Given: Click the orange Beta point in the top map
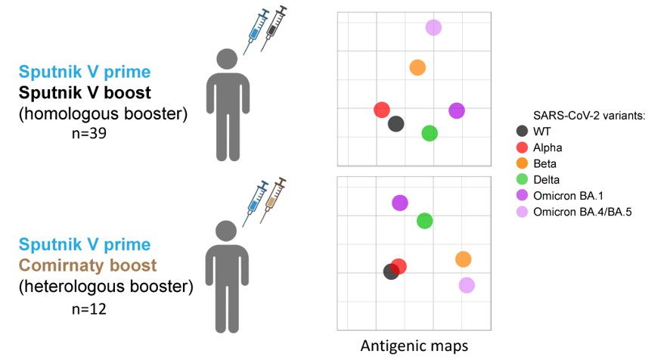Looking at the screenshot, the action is (417, 67).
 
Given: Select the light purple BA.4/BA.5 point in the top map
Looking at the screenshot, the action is (433, 27).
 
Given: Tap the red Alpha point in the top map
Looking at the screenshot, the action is (382, 110).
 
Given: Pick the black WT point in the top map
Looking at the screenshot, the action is (395, 124).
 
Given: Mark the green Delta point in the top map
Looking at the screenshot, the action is (430, 133).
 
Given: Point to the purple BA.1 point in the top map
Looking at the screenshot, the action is (456, 110).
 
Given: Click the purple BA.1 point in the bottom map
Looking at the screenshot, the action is (400, 203).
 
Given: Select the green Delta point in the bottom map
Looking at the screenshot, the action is (424, 221).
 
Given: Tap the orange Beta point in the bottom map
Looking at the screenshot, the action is (464, 259).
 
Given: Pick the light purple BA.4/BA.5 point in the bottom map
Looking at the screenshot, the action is (467, 285).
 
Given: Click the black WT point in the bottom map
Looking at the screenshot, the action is (390, 272).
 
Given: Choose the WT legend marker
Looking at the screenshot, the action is (522, 131).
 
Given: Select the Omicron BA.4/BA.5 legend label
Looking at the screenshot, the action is (582, 212).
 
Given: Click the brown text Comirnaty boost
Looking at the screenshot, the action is (88, 266).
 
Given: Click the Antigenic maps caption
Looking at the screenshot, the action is (414, 346).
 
